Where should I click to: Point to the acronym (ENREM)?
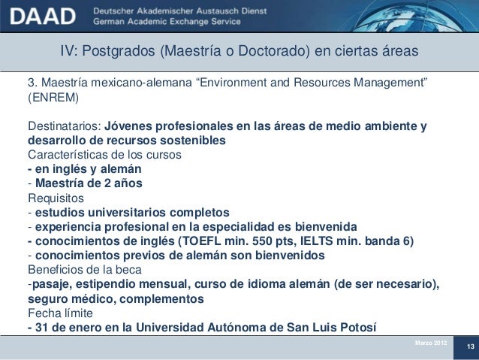click(x=53, y=98)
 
